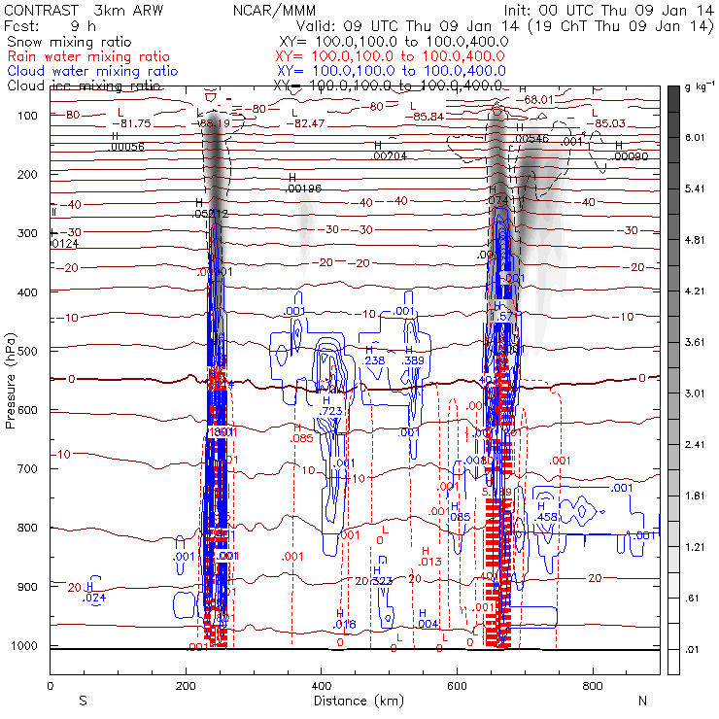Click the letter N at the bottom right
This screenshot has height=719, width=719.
click(x=642, y=701)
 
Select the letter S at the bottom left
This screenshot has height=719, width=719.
click(x=83, y=701)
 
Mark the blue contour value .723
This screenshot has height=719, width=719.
click(x=330, y=412)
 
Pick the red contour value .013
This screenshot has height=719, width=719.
click(x=430, y=562)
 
